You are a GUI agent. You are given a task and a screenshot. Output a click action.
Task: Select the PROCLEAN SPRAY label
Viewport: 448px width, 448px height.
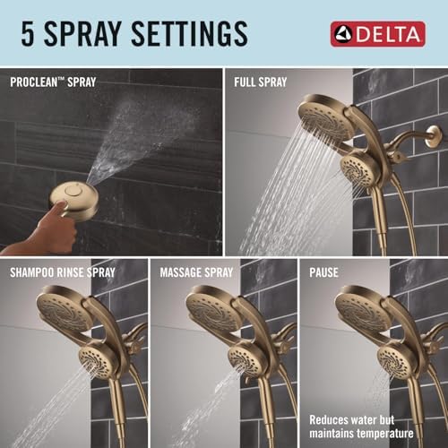point(54,82)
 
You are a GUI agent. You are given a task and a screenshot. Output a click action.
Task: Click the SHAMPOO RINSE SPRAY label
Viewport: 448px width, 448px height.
point(64,271)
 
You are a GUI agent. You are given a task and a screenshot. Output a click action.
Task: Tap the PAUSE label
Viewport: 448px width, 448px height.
point(324,271)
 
